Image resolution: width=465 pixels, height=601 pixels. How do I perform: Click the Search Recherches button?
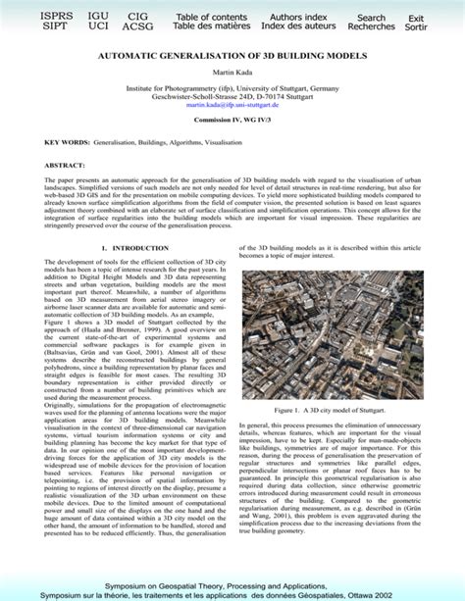click(371, 23)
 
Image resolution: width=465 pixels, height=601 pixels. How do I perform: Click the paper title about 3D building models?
click(232, 58)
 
